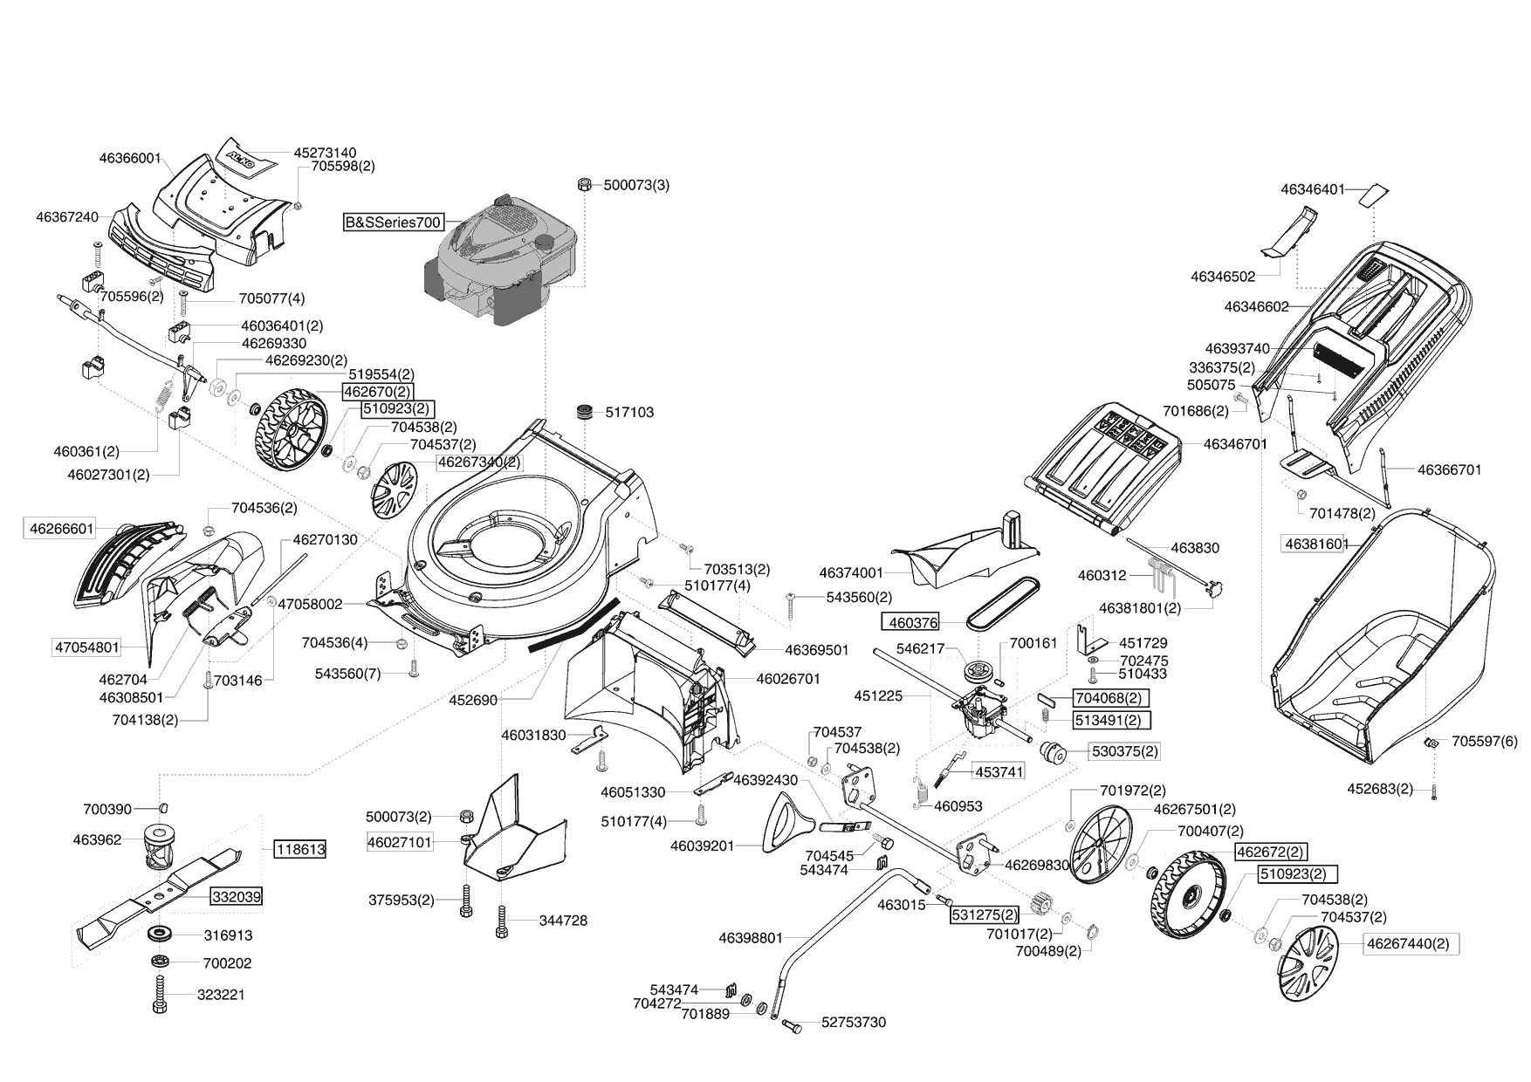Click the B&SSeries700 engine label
(x=393, y=223)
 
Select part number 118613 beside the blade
(x=300, y=849)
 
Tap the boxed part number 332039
(x=236, y=896)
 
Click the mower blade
(x=166, y=894)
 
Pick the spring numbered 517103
(x=584, y=412)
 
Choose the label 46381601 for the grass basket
(x=1314, y=544)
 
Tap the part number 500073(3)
(x=636, y=185)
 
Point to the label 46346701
(x=1234, y=444)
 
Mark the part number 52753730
(x=853, y=1022)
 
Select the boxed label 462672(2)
(x=1271, y=852)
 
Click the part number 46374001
(x=851, y=573)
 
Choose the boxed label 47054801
(x=87, y=647)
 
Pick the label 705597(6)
(x=1485, y=742)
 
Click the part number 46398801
(x=751, y=938)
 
